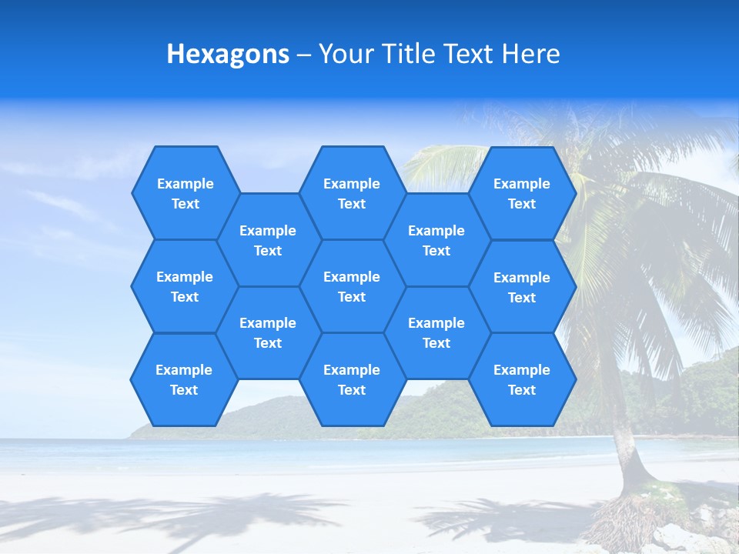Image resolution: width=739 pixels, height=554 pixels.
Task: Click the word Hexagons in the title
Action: point(228,54)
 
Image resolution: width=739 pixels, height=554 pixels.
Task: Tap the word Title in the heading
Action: point(409,54)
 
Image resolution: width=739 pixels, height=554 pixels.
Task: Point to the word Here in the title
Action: point(531,54)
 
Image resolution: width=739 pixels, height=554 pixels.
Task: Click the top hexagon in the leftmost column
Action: point(185,193)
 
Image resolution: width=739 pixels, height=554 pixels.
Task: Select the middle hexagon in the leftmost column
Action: point(185,286)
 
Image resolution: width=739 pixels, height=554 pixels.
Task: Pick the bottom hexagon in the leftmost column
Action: point(184,379)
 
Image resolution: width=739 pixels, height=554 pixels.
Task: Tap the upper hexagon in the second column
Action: point(268,240)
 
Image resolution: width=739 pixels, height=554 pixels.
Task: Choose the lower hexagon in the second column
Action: point(268,332)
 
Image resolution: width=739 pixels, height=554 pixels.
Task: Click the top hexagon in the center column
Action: point(352,193)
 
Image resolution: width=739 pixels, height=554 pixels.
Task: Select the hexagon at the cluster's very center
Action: point(352,286)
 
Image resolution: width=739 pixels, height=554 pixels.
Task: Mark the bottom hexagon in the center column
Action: point(352,379)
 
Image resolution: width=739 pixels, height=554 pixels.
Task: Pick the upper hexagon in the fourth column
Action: point(436,240)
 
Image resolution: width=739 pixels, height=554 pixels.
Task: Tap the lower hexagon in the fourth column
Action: point(436,332)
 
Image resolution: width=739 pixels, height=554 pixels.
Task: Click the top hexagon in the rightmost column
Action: point(522,193)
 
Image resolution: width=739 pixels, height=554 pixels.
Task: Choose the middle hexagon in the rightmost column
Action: point(522,287)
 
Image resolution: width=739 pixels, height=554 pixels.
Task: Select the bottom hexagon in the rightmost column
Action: point(522,379)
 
